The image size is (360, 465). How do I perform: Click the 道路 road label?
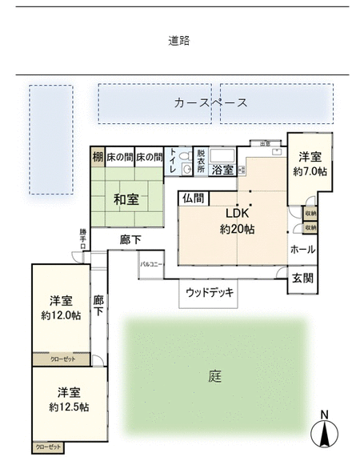179,41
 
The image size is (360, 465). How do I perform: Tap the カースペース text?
210,102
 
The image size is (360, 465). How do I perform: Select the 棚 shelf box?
97,157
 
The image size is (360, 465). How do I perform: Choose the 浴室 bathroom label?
222,170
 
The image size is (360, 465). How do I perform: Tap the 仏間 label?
193,198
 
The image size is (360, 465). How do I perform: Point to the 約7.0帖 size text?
310,172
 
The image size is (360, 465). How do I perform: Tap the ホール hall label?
302,250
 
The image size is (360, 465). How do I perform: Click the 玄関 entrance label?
302,279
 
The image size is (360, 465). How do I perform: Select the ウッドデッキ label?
210,293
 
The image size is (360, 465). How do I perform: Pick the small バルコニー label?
152,263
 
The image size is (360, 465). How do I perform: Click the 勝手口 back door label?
83,239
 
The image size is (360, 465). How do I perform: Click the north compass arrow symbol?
325,433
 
